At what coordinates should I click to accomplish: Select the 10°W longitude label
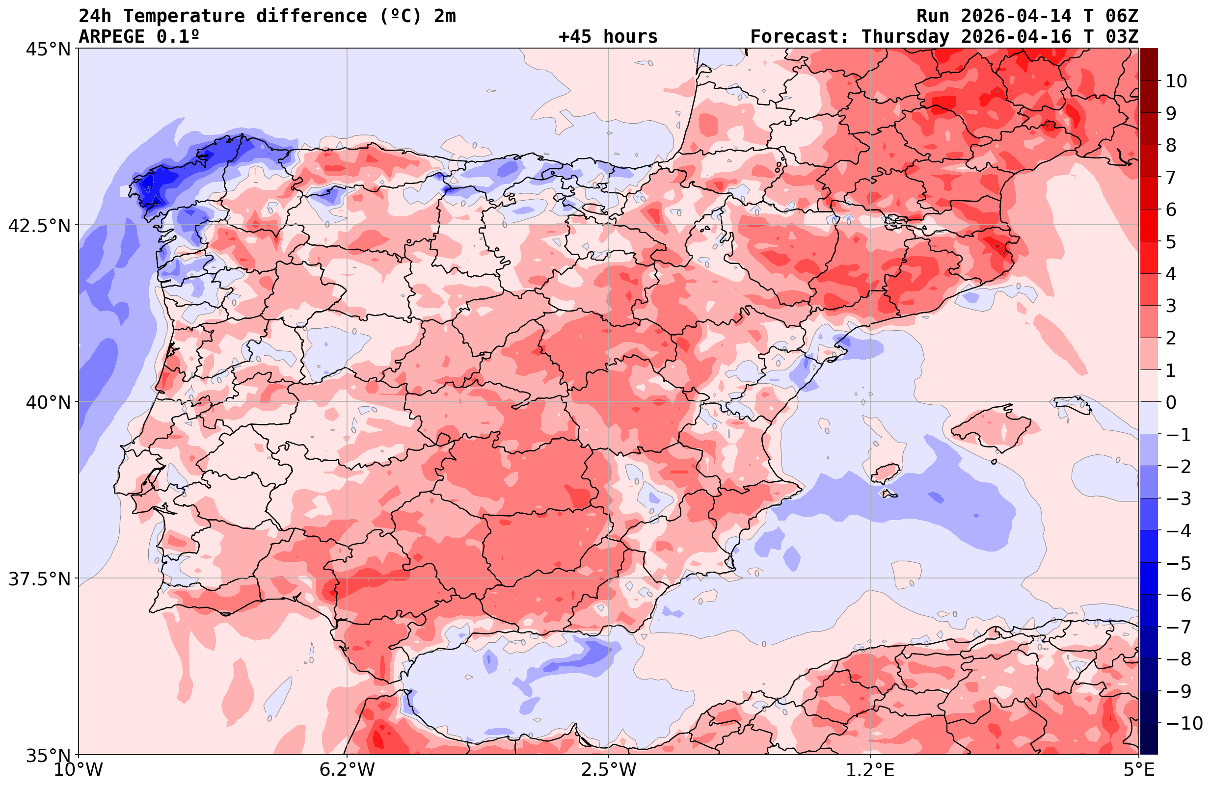coord(79,770)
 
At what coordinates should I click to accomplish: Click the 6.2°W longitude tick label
coord(347,770)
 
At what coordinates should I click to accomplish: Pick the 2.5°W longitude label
coord(609,770)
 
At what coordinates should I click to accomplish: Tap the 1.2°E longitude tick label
coord(870,770)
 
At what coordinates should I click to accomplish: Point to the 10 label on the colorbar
coord(1177,81)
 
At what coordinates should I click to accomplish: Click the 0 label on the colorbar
coord(1171,402)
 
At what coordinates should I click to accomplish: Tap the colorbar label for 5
coord(1171,242)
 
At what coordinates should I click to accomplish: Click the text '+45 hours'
coord(608,37)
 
